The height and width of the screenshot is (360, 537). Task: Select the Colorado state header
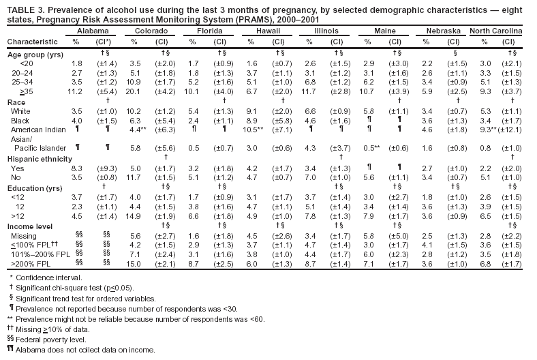pos(148,32)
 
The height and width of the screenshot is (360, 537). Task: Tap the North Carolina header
pos(495,32)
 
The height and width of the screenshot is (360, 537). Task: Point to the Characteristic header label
pos(31,42)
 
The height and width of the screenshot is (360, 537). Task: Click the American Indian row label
pos(37,128)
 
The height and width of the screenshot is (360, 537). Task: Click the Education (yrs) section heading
pos(33,186)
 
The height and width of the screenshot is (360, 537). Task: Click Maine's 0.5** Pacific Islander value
pos(371,147)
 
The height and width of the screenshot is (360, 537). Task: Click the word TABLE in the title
pos(20,9)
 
